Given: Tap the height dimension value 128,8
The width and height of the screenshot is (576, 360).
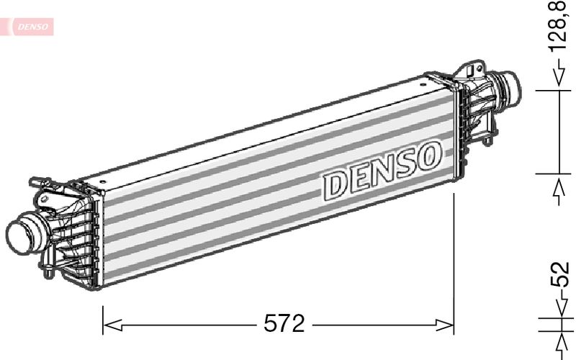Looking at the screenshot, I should tap(559, 27).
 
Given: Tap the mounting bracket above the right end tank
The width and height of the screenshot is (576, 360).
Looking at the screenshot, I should tap(469, 71).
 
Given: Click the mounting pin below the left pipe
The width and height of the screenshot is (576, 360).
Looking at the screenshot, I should tap(47, 272).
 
